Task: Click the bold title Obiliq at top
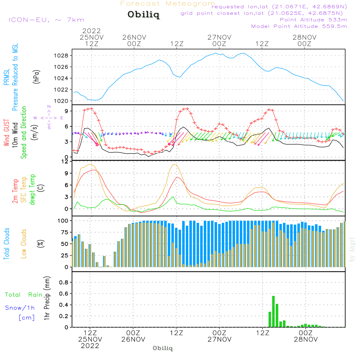click(x=143, y=15)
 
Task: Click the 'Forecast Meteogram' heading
click(x=168, y=4)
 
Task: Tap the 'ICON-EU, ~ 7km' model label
click(x=46, y=20)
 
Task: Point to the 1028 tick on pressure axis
click(x=61, y=56)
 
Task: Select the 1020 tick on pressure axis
click(x=61, y=101)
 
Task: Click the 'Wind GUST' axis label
click(x=7, y=133)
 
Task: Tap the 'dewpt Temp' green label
click(x=33, y=190)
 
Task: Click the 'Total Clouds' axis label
click(x=7, y=244)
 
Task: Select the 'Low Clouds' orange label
click(x=24, y=244)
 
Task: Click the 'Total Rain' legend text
click(x=24, y=295)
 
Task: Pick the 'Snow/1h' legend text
click(x=20, y=308)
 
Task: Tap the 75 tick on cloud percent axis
click(x=64, y=232)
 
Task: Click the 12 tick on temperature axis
click(x=65, y=161)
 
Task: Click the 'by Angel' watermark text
click(x=352, y=249)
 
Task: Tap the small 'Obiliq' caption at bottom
click(x=163, y=348)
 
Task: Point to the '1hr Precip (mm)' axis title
click(x=46, y=298)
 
